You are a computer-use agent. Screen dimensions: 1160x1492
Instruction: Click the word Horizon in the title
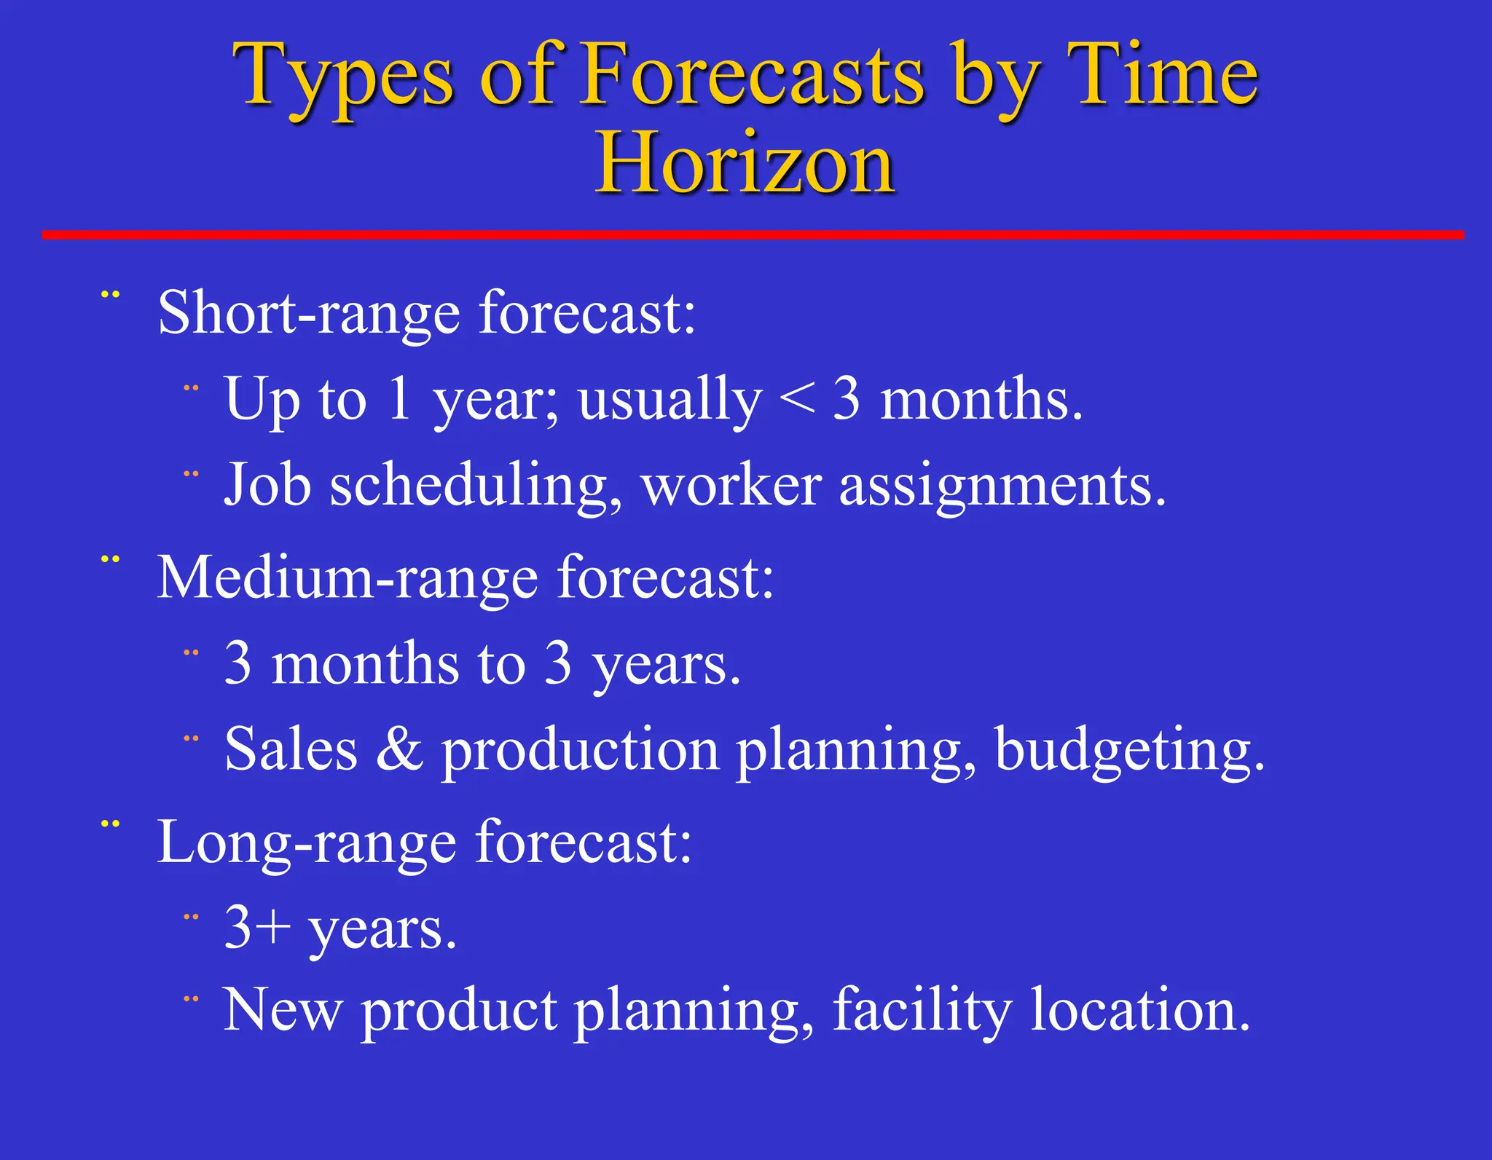click(x=745, y=163)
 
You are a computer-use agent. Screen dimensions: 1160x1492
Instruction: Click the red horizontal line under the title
click(x=753, y=234)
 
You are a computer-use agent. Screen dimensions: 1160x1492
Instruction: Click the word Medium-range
click(x=348, y=578)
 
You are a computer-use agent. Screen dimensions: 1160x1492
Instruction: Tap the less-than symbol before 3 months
click(x=797, y=399)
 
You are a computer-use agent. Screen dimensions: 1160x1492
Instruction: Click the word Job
click(x=267, y=485)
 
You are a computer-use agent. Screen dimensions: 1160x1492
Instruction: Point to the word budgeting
click(x=1129, y=750)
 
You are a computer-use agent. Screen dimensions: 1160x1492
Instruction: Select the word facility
click(x=922, y=1011)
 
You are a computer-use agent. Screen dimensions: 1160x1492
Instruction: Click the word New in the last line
click(x=282, y=1011)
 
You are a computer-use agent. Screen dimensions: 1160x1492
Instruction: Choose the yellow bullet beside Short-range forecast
click(x=110, y=295)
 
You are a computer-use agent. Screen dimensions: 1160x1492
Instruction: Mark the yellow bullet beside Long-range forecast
click(x=110, y=824)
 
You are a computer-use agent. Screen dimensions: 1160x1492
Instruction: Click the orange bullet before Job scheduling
click(x=191, y=474)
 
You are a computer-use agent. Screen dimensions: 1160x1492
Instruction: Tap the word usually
click(x=670, y=401)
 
